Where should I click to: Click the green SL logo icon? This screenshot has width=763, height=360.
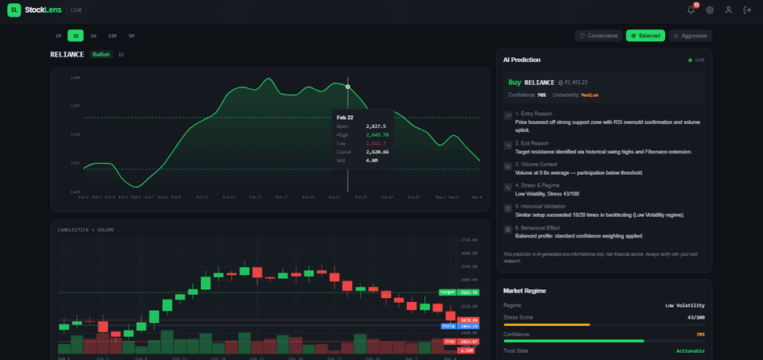[x=15, y=10]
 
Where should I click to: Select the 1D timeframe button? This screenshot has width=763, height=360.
[x=76, y=36]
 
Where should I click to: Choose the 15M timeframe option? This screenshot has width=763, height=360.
[x=112, y=36]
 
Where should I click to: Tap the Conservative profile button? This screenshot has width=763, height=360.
[x=598, y=36]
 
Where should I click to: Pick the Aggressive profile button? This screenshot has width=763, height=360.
[x=690, y=36]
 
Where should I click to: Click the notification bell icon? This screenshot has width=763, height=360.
[x=691, y=10]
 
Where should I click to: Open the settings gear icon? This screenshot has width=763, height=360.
[x=710, y=10]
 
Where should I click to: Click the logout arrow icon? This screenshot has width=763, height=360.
[x=747, y=10]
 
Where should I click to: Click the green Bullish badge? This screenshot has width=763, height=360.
[x=101, y=54]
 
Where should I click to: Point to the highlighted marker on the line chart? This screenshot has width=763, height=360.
[x=347, y=86]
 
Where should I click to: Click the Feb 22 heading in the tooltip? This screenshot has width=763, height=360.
[x=344, y=117]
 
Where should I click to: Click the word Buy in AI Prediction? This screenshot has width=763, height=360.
[x=515, y=82]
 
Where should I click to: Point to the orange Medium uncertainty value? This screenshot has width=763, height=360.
[x=589, y=95]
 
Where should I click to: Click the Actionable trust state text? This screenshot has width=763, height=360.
[x=689, y=350]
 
